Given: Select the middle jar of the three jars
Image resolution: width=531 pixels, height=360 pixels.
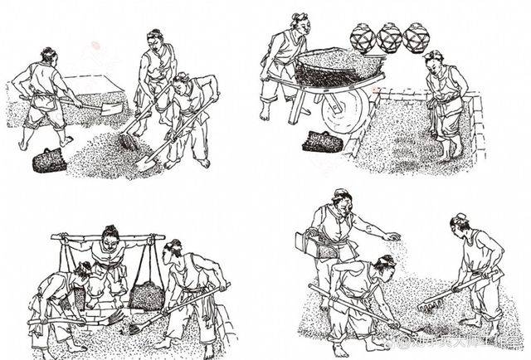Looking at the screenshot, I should click(389, 37).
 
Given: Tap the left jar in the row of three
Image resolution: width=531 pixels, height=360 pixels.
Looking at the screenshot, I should click(362, 37).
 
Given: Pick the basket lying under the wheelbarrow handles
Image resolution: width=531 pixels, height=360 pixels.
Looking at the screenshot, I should click(322, 142).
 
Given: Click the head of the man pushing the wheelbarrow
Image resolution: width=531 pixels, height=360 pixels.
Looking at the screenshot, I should click(300, 22).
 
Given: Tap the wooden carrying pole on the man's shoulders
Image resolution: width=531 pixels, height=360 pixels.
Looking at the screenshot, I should click(107, 237).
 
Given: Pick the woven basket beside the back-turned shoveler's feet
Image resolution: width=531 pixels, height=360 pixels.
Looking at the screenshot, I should click(49, 159).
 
